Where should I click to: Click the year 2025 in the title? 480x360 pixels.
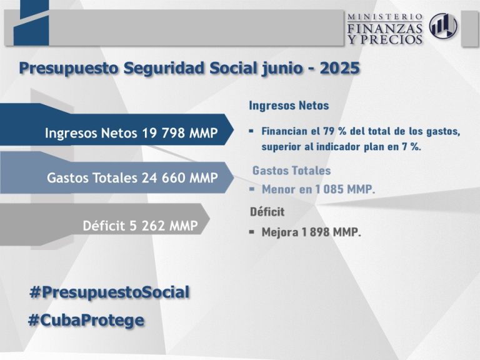(x=339, y=68)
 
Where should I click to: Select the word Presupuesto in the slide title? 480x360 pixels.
(x=69, y=69)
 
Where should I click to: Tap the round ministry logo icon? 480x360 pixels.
(x=443, y=26)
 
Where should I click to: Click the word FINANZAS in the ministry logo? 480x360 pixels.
(x=385, y=29)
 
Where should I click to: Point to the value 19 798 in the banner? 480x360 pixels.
(x=164, y=133)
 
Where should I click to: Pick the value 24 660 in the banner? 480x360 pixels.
(x=164, y=177)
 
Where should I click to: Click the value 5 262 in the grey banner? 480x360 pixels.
(x=148, y=226)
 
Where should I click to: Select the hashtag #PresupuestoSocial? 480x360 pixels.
(x=109, y=292)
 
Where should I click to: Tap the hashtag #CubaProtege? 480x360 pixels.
(x=86, y=321)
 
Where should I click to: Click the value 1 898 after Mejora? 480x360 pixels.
(x=316, y=232)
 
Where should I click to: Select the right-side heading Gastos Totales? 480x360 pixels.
(x=291, y=171)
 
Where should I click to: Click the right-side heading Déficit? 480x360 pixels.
(x=267, y=211)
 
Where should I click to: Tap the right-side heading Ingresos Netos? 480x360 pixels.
(x=289, y=106)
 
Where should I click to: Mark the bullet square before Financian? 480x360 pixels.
(x=251, y=131)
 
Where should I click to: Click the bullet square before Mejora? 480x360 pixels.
(x=252, y=232)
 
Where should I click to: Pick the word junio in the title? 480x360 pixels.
(x=282, y=69)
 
